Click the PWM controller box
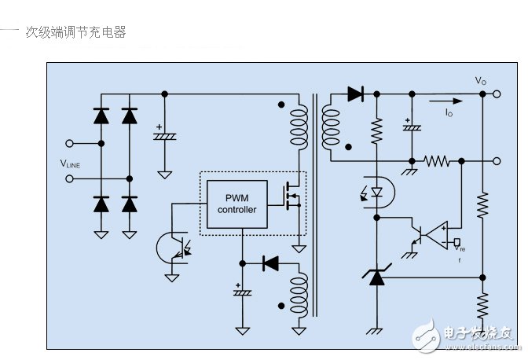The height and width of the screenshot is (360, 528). pyautogui.click(x=237, y=204)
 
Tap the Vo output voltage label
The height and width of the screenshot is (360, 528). pyautogui.click(x=481, y=81)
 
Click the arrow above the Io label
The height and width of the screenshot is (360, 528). pyautogui.click(x=445, y=101)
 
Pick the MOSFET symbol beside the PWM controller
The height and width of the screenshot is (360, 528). pyautogui.click(x=292, y=196)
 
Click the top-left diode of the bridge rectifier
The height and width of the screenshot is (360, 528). pyautogui.click(x=101, y=116)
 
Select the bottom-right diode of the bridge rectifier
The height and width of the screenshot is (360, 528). pyautogui.click(x=130, y=204)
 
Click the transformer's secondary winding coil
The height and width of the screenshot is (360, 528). pyautogui.click(x=331, y=126)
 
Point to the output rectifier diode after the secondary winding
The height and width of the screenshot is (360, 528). pyautogui.click(x=354, y=94)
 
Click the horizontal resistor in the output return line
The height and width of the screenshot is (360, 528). pyautogui.click(x=436, y=161)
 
